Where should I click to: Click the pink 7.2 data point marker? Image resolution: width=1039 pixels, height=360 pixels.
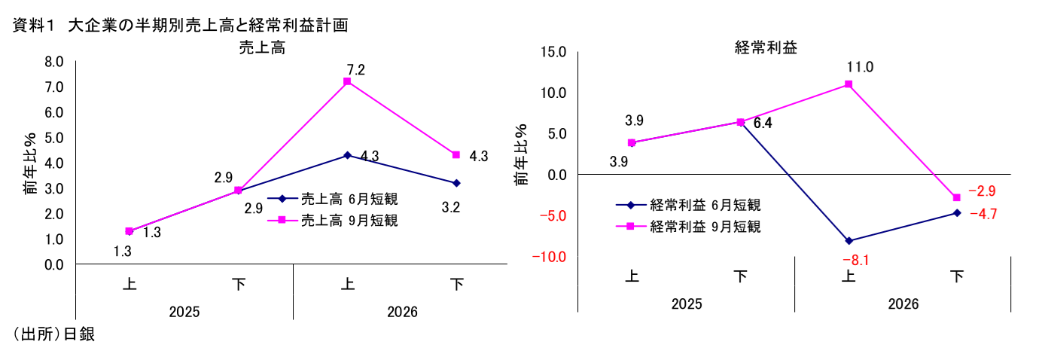(347, 81)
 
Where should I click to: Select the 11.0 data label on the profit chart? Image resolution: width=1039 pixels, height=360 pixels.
(860, 67)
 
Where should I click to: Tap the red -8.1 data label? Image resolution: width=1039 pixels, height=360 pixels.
(856, 261)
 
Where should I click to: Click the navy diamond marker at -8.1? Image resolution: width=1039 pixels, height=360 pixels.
(849, 241)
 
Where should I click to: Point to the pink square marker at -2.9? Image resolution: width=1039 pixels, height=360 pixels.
(956, 197)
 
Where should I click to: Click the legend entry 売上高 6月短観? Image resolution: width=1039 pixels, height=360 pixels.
(333, 199)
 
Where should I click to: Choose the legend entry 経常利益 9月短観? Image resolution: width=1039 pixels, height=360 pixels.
(688, 227)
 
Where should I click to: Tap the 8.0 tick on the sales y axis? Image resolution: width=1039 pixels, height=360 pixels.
(54, 62)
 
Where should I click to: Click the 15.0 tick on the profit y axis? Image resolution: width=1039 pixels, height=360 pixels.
(553, 52)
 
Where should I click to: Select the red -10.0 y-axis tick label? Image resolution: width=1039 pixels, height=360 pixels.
(549, 257)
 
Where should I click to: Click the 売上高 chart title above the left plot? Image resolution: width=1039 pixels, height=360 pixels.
(262, 47)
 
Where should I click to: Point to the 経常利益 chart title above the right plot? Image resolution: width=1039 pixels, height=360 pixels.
(766, 47)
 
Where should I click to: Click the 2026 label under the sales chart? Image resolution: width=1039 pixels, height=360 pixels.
(402, 312)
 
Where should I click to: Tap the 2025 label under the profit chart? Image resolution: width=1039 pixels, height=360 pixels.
(687, 304)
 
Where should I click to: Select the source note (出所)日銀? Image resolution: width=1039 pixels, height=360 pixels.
(53, 334)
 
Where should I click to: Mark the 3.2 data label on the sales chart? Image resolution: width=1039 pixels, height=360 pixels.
(451, 207)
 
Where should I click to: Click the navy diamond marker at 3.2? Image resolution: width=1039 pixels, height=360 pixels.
(456, 183)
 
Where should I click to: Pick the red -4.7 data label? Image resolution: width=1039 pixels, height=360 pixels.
(983, 215)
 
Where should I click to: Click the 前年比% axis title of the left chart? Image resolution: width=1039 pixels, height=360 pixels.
(30, 163)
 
